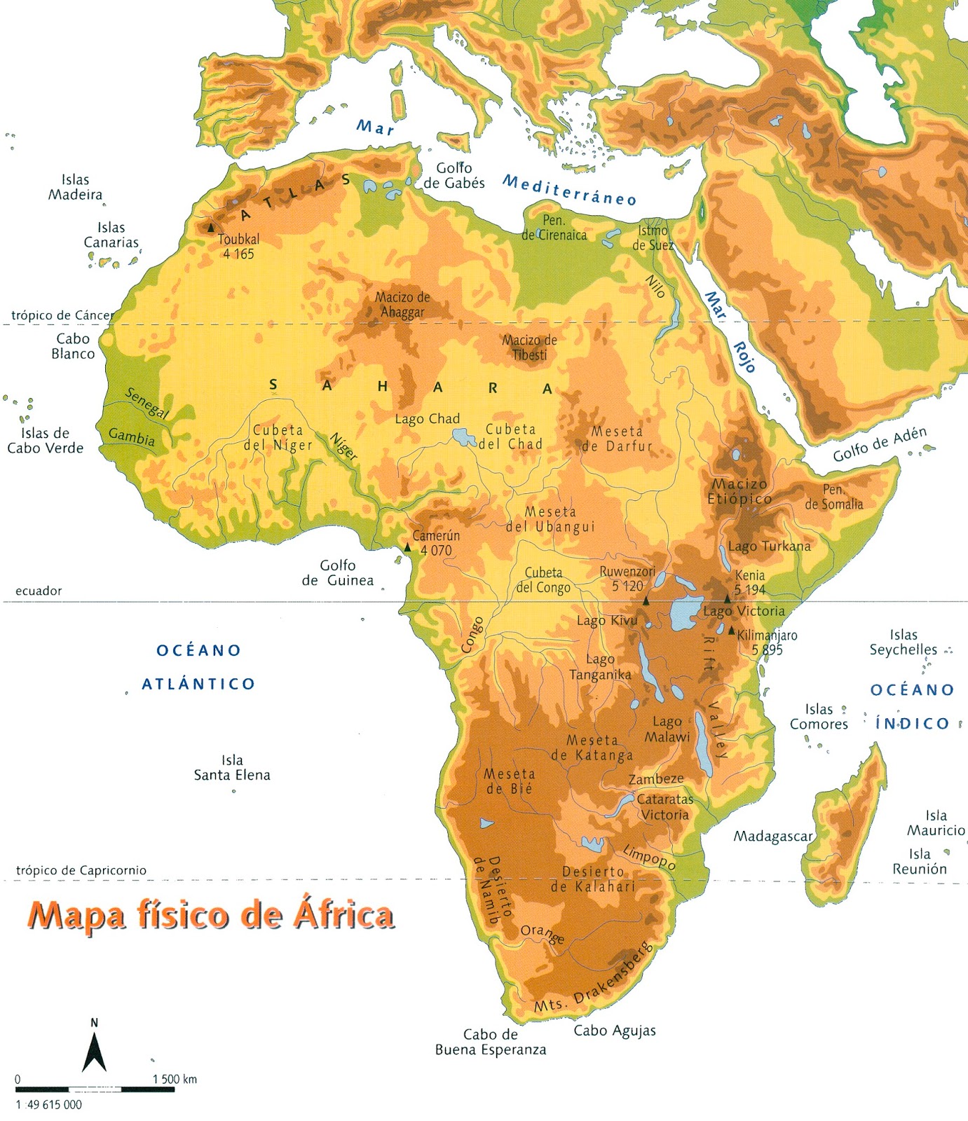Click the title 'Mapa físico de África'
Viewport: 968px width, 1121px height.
[210, 915]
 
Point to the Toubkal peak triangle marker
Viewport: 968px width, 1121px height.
[211, 228]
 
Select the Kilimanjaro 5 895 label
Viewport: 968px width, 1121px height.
[767, 642]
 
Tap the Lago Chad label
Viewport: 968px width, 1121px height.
[427, 419]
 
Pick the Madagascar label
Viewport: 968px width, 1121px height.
[772, 836]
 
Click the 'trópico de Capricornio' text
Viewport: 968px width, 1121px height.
[81, 870]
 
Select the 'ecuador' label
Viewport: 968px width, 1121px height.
[39, 591]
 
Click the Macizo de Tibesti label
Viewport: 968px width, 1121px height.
[529, 348]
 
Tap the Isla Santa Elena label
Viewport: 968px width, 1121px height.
[232, 768]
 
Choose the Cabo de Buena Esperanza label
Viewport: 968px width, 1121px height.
[490, 1042]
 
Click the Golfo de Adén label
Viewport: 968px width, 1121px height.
[879, 445]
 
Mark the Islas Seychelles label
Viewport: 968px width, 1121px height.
[903, 642]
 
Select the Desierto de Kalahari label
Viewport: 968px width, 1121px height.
[593, 879]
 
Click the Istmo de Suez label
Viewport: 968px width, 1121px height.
[653, 238]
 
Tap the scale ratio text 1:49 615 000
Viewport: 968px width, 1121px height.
[48, 1105]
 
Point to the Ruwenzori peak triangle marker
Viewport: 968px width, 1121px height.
[646, 601]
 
